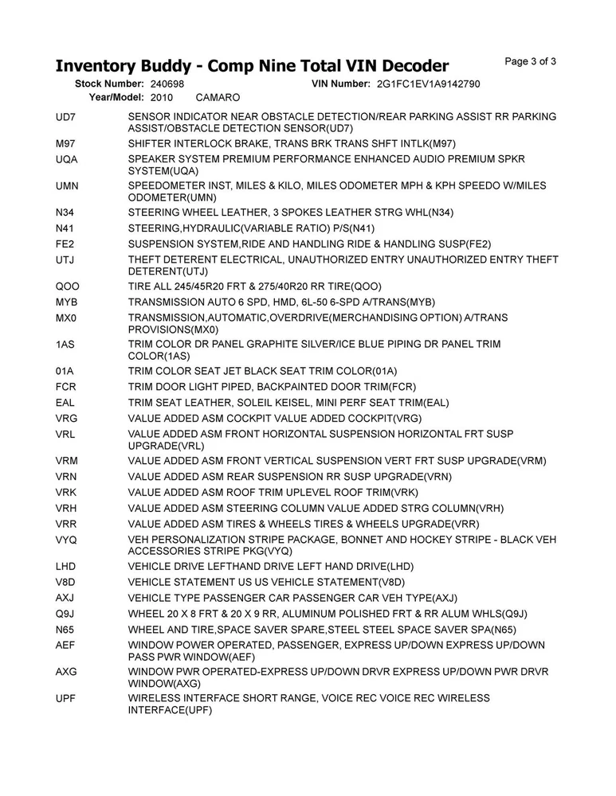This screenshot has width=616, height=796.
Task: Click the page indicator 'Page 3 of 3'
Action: click(x=531, y=62)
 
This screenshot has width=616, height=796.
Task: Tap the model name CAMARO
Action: click(x=218, y=97)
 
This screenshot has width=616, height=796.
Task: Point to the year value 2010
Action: click(x=161, y=97)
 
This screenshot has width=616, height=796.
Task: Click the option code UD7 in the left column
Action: click(x=65, y=117)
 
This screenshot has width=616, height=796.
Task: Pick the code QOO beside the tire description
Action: click(x=68, y=287)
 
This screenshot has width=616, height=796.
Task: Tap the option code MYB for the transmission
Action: click(x=67, y=302)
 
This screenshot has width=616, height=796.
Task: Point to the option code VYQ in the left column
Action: click(x=67, y=540)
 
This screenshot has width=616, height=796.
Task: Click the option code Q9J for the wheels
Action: click(x=65, y=613)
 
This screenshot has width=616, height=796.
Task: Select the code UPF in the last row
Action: click(x=66, y=697)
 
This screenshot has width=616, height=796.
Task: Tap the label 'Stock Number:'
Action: click(x=109, y=84)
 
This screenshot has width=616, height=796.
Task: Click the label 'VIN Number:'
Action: click(x=340, y=84)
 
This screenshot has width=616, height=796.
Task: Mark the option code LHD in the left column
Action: click(x=66, y=566)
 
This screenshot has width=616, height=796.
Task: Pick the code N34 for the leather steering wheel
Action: click(x=65, y=212)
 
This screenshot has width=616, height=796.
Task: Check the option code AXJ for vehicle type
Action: click(x=65, y=597)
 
